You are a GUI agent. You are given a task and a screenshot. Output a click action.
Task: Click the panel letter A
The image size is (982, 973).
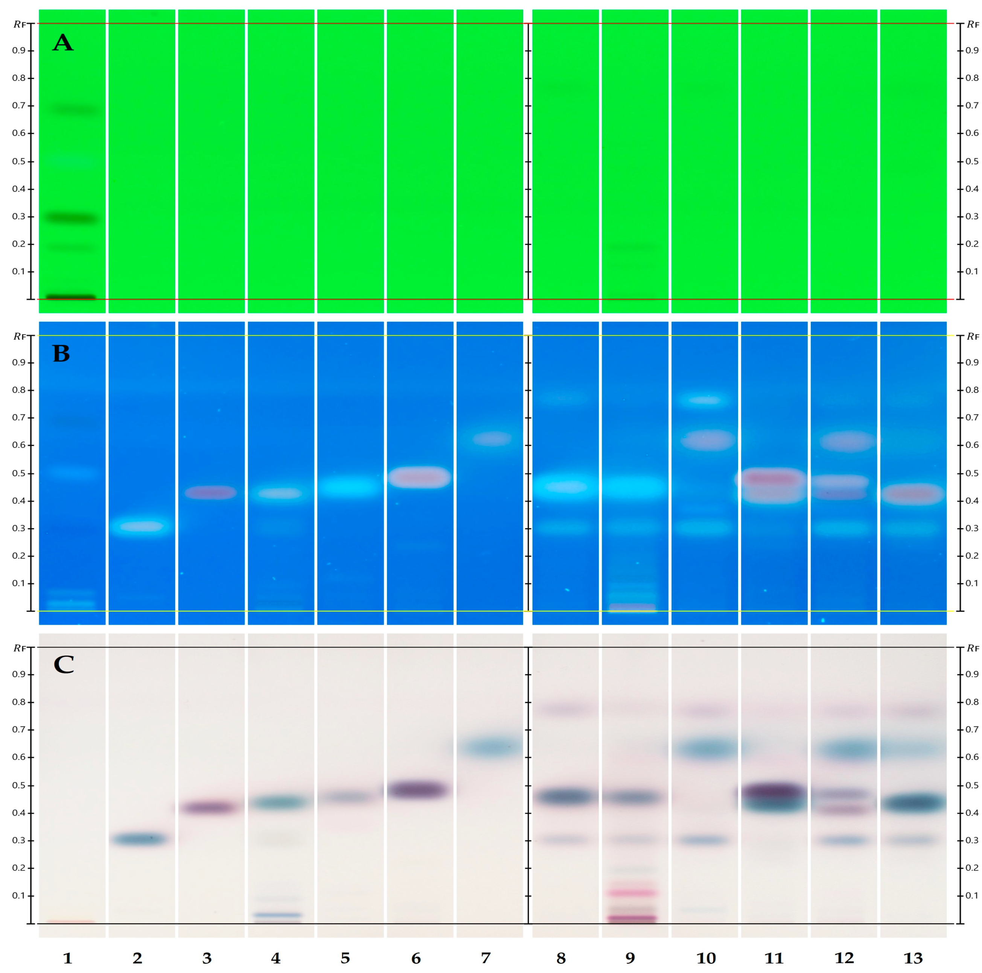tap(63, 43)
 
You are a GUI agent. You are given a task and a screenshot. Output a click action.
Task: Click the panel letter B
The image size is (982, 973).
tap(61, 354)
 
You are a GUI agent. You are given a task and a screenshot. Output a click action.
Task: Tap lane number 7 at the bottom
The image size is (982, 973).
tap(486, 958)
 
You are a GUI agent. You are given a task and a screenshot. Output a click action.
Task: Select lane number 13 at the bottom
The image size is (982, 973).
tap(913, 958)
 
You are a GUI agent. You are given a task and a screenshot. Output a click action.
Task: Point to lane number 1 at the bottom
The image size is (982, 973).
tap(68, 958)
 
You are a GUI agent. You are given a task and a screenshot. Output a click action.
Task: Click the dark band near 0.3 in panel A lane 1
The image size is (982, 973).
tap(72, 219)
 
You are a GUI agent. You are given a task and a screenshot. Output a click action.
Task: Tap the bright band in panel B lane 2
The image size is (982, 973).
tap(141, 526)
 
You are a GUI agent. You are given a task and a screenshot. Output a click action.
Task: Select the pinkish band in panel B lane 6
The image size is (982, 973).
tap(419, 477)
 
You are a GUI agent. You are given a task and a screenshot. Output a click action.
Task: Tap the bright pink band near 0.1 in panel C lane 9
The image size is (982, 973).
tap(632, 893)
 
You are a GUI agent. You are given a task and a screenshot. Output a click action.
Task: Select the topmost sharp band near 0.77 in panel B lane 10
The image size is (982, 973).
tap(705, 400)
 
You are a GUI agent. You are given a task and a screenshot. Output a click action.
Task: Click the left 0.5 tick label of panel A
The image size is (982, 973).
tap(19, 161)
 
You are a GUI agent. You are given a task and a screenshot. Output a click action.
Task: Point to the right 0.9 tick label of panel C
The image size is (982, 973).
tap(972, 674)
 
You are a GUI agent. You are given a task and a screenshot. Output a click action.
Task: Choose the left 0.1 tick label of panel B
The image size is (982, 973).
tap(19, 583)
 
